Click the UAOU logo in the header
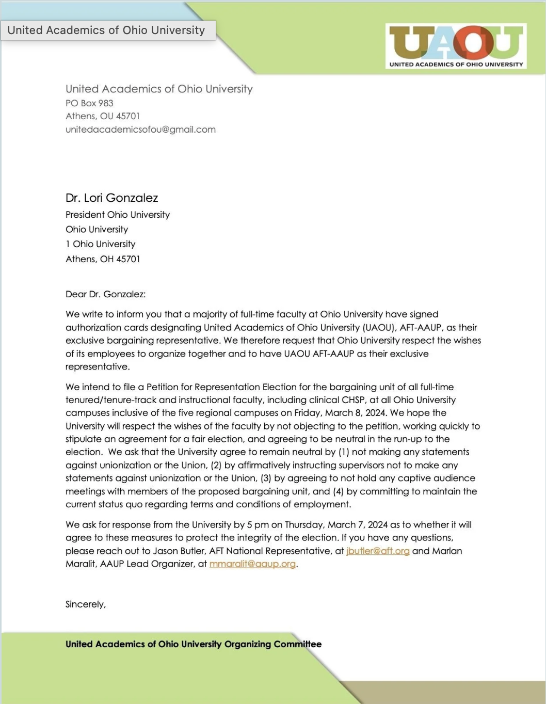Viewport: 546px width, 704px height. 456,46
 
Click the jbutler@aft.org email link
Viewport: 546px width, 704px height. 378,551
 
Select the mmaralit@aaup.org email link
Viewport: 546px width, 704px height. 252,564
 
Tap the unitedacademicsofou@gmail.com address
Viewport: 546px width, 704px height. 140,130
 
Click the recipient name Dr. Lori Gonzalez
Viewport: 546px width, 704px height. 111,198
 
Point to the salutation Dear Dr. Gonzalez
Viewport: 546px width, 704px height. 105,294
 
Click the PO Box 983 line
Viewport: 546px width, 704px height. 89,103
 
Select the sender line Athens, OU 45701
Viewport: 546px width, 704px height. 102,116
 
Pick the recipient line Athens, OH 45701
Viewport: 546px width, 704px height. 102,259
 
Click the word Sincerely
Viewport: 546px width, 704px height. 85,604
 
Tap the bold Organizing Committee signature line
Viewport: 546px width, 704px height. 193,644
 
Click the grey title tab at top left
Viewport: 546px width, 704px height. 106,30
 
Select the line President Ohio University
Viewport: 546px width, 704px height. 117,215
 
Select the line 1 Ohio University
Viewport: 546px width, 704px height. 100,244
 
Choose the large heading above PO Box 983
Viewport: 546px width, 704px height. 159,89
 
